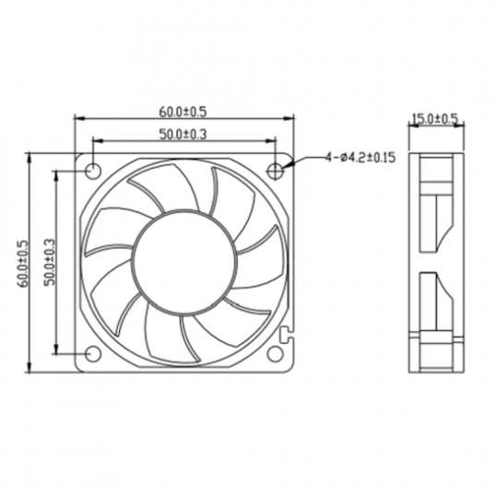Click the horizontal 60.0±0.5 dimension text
[x=183, y=112]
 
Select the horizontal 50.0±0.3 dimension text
[x=183, y=136]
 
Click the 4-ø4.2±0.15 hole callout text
[x=360, y=158]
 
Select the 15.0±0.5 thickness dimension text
[x=434, y=119]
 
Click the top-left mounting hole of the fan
[x=93, y=171]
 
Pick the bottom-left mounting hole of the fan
[x=93, y=353]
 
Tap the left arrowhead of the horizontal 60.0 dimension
[x=78, y=119]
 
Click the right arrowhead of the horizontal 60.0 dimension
[x=289, y=119]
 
